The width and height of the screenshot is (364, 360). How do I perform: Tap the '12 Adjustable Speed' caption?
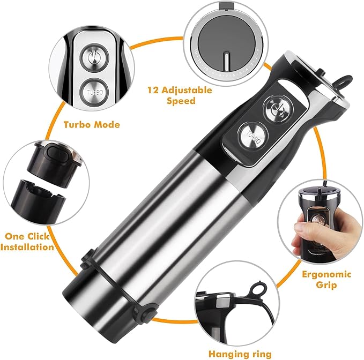tap(180, 95)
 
